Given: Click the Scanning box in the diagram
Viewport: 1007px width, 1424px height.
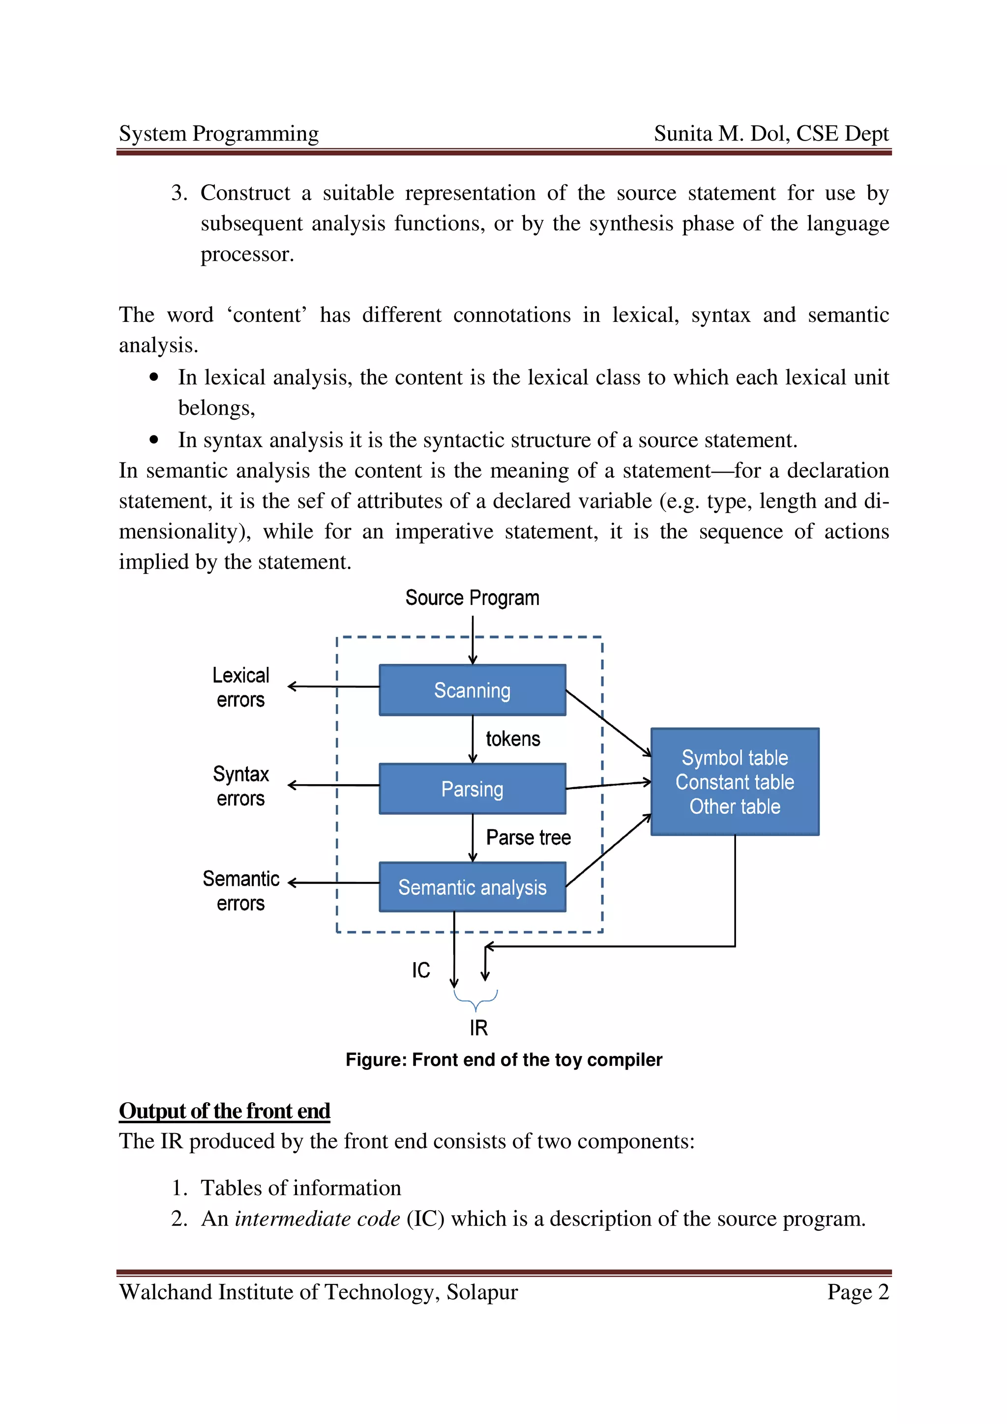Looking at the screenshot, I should click(x=472, y=690).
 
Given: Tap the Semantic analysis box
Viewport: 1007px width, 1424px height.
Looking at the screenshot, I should click(x=472, y=887).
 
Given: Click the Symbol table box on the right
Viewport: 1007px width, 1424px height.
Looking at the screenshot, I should click(x=735, y=781).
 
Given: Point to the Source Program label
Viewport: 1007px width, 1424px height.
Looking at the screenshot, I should click(x=472, y=598).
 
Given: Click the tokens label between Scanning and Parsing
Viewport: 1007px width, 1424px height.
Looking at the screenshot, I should click(x=512, y=739).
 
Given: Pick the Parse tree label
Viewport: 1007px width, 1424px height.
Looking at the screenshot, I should click(x=528, y=837).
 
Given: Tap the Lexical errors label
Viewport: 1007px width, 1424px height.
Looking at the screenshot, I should click(x=241, y=687).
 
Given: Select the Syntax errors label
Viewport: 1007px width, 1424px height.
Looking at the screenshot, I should click(x=241, y=786).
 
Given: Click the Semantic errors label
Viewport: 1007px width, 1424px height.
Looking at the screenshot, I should click(x=241, y=891).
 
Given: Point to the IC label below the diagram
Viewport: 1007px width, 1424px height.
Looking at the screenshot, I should click(x=421, y=970).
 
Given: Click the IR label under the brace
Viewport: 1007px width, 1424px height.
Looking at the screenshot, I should click(x=478, y=1027).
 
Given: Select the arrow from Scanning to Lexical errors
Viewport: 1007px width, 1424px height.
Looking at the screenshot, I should click(x=334, y=686).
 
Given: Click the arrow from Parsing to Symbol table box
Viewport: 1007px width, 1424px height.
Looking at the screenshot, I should click(x=608, y=785).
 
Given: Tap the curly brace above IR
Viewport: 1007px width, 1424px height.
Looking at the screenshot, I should click(x=476, y=998).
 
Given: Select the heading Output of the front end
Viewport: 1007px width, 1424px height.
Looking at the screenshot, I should click(x=224, y=1111).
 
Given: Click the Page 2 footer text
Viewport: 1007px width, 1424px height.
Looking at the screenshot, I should click(x=858, y=1292).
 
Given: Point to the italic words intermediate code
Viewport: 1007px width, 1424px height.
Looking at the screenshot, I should click(x=317, y=1219).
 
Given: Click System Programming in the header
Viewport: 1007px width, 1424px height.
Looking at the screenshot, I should click(x=218, y=133).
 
